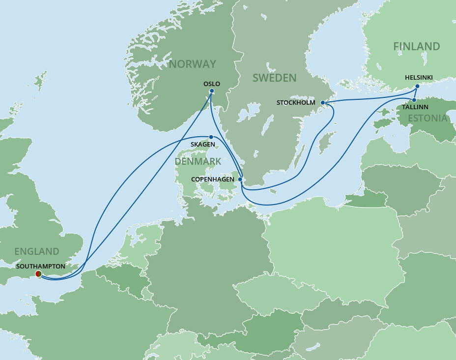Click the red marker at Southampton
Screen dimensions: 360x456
coord(38,274)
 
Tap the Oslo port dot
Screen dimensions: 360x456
coord(211,91)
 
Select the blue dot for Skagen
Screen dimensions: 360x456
coord(211,137)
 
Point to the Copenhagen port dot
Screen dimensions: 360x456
coord(240,180)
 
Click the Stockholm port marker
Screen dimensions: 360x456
coord(323,103)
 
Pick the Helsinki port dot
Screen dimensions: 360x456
coord(417,87)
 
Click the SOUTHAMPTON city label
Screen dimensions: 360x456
coord(40,266)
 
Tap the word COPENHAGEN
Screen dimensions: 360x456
coord(213,180)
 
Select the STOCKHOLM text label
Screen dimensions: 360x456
coord(296,103)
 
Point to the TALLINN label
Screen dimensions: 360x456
coord(415,107)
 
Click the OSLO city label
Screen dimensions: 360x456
coord(211,84)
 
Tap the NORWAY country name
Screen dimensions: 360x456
coord(192,64)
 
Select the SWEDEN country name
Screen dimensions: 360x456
coord(274,78)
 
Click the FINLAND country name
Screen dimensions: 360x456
coord(416,46)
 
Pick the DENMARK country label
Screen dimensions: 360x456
coord(198,161)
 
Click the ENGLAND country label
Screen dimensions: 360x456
coord(36,251)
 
